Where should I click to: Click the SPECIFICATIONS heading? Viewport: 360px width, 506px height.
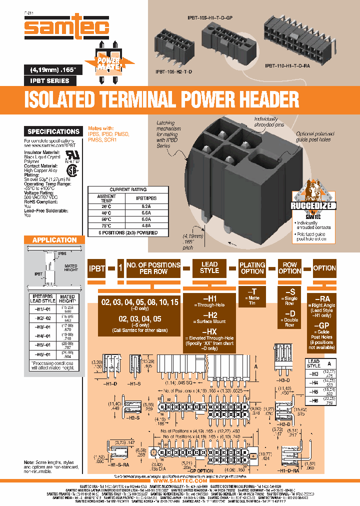[x=53, y=131]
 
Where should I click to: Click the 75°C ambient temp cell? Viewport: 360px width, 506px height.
[x=106, y=225]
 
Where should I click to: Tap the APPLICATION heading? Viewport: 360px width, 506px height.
[x=54, y=240]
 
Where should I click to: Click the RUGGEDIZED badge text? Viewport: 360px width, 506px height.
[x=314, y=206]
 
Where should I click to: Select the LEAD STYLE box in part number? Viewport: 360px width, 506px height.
[x=209, y=267]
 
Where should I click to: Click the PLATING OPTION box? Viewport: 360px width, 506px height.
[x=252, y=267]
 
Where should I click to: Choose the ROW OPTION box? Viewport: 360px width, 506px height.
[x=290, y=267]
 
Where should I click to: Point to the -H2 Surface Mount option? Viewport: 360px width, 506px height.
[x=209, y=318]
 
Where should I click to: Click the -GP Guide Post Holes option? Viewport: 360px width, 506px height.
[x=324, y=332]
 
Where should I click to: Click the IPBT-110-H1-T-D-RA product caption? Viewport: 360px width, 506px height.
[x=291, y=65]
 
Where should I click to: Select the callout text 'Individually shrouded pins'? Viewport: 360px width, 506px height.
[x=269, y=121]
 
